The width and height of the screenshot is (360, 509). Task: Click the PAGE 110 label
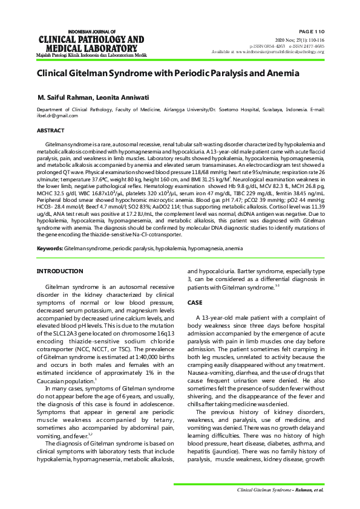click(311, 30)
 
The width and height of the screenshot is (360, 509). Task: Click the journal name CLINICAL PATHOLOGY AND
click(91, 40)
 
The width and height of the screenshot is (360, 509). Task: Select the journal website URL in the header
click(284, 52)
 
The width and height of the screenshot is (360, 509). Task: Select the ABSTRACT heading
click(50, 131)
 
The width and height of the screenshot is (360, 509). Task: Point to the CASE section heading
click(195, 302)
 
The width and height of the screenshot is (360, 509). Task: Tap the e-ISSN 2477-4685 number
click(306, 46)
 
